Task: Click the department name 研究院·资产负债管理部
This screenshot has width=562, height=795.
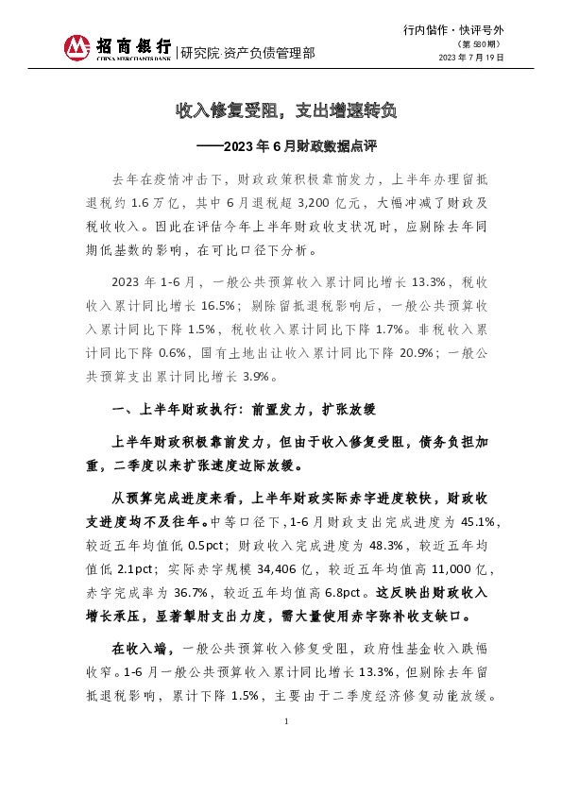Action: coord(247,52)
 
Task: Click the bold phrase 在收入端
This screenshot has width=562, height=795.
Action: coord(143,651)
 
